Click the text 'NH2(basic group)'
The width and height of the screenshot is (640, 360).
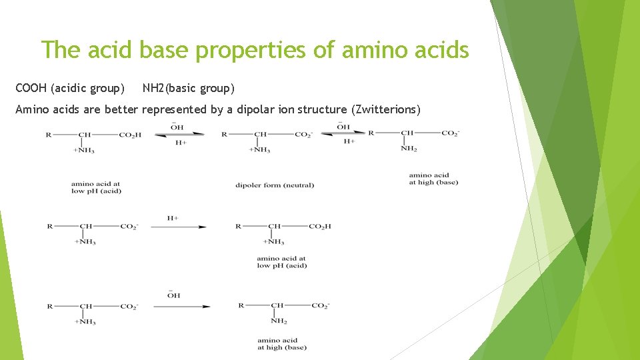(x=188, y=88)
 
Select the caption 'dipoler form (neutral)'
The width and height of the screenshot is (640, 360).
(x=274, y=185)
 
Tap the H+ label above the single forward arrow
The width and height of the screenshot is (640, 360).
(x=172, y=218)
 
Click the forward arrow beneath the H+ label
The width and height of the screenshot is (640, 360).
(x=178, y=227)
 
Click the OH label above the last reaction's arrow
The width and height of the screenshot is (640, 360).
(x=173, y=295)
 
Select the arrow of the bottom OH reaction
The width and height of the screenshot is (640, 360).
(x=181, y=307)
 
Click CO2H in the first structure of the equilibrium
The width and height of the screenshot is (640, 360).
(x=130, y=135)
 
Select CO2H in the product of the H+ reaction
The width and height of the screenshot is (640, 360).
(x=320, y=227)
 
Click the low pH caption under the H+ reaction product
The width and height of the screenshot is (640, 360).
(x=281, y=262)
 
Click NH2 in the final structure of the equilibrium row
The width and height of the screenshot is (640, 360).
(x=409, y=149)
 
